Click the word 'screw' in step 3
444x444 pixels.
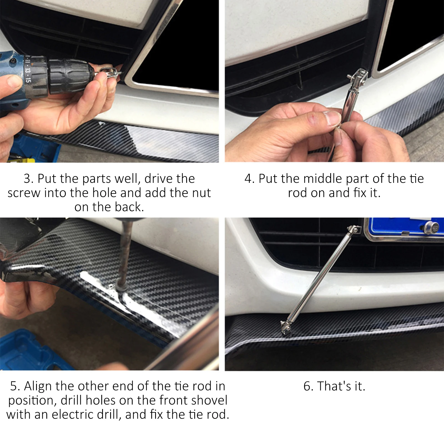(24, 193)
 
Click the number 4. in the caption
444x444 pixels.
(249, 179)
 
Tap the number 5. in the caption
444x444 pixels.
(15, 386)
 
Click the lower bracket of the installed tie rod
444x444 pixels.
(286, 327)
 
